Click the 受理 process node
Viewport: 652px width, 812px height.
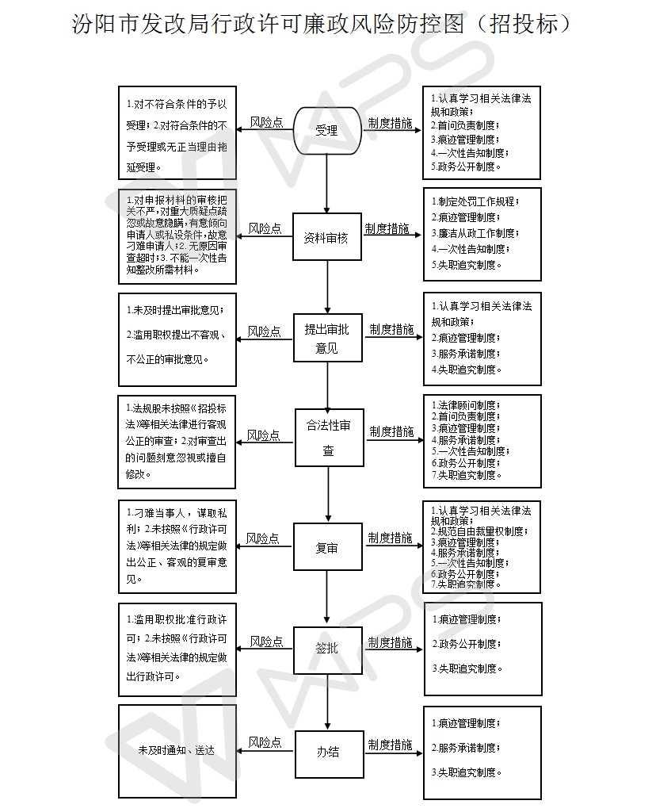pyautogui.click(x=326, y=130)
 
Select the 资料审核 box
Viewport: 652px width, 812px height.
pyautogui.click(x=326, y=237)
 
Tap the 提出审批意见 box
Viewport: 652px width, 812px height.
pyautogui.click(x=326, y=338)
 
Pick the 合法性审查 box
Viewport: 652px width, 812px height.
pyautogui.click(x=329, y=438)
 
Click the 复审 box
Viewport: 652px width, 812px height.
pyautogui.click(x=326, y=547)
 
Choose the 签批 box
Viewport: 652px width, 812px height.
pyautogui.click(x=326, y=648)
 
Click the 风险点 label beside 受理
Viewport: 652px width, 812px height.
pyautogui.click(x=266, y=122)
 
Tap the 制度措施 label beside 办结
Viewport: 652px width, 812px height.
pyautogui.click(x=390, y=745)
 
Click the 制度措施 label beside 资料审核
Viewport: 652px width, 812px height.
pyautogui.click(x=387, y=228)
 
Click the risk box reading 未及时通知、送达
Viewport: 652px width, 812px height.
pyautogui.click(x=177, y=750)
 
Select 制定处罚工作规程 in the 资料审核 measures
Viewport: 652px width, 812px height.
pyautogui.click(x=476, y=201)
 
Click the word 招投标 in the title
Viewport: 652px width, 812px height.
pyautogui.click(x=530, y=24)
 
